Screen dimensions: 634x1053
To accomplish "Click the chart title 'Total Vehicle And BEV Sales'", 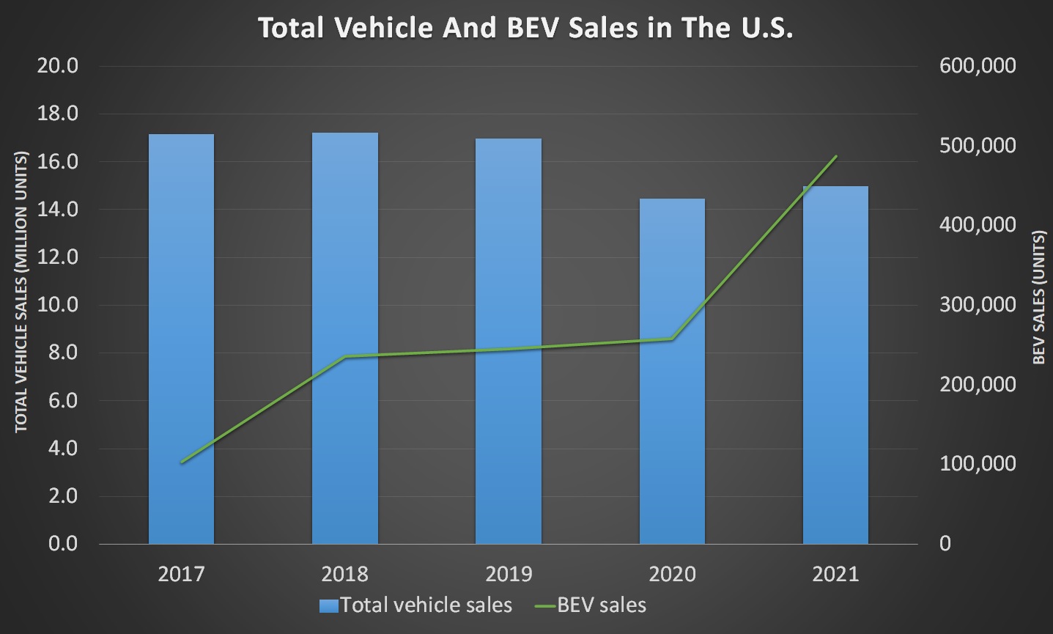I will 525,29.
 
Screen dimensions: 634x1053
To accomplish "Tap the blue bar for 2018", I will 345,338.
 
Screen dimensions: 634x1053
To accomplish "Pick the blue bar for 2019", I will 509,341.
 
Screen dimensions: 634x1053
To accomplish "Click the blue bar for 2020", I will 672,371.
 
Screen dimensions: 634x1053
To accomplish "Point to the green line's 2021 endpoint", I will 836,157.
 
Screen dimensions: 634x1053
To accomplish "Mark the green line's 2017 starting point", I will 181,462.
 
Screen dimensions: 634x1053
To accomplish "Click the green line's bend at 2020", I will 672,339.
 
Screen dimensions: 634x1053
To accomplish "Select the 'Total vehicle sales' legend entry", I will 415,605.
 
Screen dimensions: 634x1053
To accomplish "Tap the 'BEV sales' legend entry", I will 591,605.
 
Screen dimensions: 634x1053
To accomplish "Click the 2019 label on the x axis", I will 509,573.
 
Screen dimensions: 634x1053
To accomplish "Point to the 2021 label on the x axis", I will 835,573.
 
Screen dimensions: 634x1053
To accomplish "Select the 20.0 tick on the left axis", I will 57,66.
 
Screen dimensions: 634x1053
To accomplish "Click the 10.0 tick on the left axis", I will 57,305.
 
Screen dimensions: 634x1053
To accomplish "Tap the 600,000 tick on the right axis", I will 976,66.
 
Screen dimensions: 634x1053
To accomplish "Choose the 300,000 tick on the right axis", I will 976,304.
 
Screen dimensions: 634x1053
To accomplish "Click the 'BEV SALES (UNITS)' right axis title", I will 1038,298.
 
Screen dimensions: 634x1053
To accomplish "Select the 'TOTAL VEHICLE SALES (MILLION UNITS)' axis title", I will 21,292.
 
